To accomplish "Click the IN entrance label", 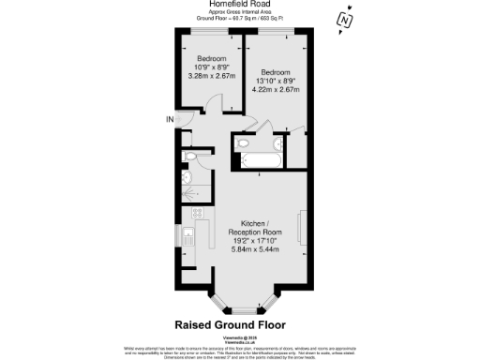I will pos(170,119).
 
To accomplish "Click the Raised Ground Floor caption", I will pos(239,326).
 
